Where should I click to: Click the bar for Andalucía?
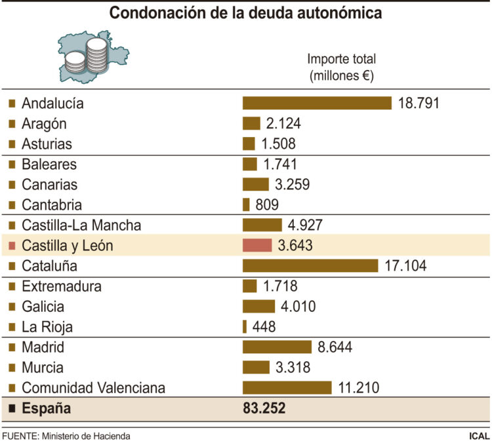[317, 103]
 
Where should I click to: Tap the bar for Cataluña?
[310, 265]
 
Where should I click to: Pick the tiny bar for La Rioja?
[245, 326]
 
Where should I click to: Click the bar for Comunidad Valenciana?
[287, 387]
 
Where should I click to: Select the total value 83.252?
[264, 409]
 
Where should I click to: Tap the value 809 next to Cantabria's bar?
[267, 204]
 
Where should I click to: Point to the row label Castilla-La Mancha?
[81, 225]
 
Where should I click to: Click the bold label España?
[46, 409]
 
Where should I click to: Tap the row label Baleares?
[49, 164]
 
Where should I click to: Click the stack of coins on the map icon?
[95, 56]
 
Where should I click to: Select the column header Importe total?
[341, 59]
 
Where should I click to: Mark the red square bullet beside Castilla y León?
[12, 245]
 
